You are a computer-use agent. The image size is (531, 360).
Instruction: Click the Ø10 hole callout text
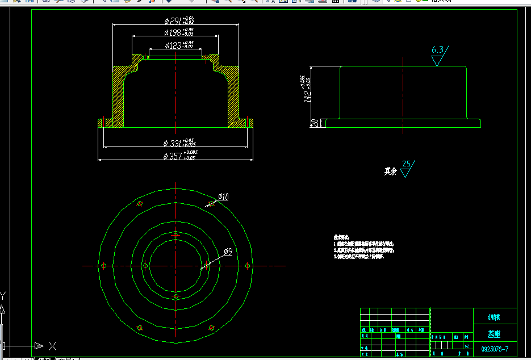pos(223,197)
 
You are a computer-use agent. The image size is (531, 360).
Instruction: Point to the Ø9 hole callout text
pos(228,252)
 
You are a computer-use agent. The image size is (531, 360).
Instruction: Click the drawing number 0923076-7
pos(495,348)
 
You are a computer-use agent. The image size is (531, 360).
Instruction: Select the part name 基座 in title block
pos(495,334)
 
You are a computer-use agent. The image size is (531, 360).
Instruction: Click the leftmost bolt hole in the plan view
pos(103,265)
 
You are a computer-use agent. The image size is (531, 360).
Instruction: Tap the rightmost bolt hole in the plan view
pos(248,265)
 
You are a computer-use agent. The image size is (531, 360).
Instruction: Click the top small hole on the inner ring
pos(175,235)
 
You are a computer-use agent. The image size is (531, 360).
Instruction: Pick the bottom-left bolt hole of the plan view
pos(140,328)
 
